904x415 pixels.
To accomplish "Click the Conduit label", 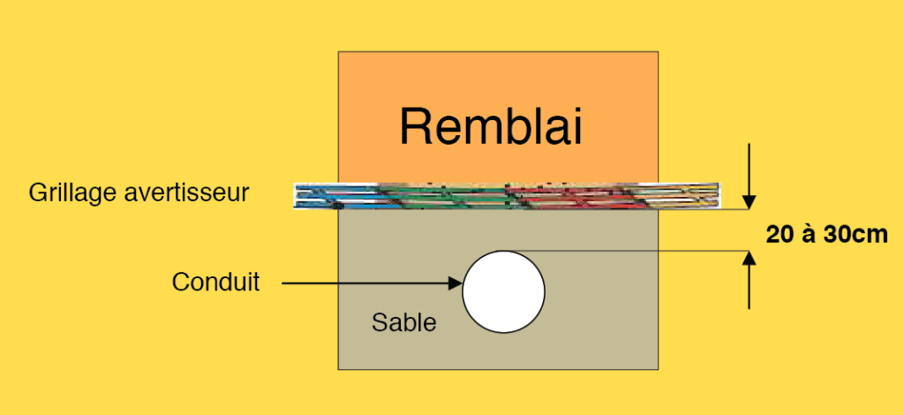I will coord(216,283).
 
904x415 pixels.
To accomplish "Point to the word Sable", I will coord(403,322).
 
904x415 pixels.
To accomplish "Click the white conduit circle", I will coord(503,291).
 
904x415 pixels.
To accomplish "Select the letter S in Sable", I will coord(378,322).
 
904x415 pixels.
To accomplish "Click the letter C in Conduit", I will coord(179,283).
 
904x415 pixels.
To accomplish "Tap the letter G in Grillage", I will coord(36,192).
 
